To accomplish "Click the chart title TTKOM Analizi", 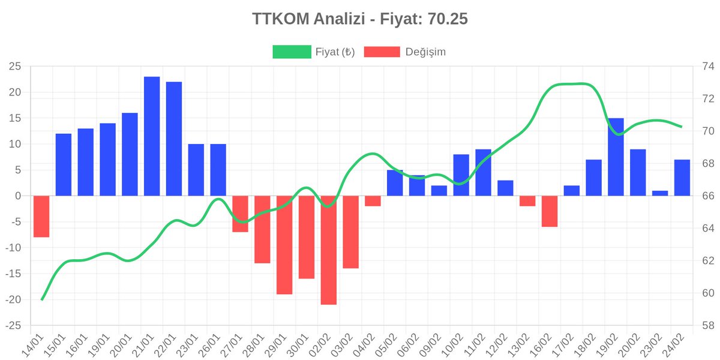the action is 308,19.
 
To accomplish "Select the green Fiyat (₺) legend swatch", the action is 292,52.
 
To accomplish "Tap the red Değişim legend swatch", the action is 382,52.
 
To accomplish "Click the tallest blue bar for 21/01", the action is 152,136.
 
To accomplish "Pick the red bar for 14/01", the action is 41,217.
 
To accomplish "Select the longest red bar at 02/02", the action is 329,250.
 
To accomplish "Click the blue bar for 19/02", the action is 616,157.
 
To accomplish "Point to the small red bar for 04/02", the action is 373,201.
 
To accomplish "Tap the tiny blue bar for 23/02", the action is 660,193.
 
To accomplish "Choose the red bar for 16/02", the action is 550,211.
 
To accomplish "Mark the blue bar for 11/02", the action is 484,173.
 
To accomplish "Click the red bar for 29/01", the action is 284,245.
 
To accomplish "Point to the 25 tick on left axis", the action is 15,67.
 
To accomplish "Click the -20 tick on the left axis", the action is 13,299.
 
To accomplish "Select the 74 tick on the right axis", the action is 708,67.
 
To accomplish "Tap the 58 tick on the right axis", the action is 708,326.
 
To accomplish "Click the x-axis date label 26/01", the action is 209,345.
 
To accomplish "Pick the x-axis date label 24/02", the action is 673,345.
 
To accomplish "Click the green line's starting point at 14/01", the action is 42,299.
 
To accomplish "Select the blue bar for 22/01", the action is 174,139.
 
